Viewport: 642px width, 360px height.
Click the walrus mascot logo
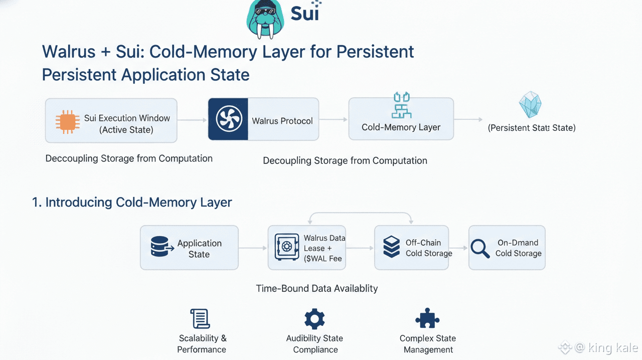point(266,19)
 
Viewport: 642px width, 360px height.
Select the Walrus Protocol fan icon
point(228,119)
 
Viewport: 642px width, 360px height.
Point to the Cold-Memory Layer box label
point(401,127)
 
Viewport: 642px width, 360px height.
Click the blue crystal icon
point(530,105)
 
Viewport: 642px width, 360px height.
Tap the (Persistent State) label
point(532,128)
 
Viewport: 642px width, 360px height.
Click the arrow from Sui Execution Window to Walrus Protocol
point(192,120)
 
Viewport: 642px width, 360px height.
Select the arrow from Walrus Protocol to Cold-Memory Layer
point(334,119)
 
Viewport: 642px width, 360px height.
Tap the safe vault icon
point(287,247)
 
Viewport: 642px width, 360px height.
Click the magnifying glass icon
point(480,248)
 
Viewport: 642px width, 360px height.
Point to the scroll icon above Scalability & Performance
point(200,319)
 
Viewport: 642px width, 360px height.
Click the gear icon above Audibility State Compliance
point(314,319)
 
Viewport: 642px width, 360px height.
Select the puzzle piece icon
point(427,318)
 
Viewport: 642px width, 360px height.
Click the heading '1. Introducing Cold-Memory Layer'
point(132,203)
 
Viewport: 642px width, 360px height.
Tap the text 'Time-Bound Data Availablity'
point(316,288)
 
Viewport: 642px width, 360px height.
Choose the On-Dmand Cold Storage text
point(519,248)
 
